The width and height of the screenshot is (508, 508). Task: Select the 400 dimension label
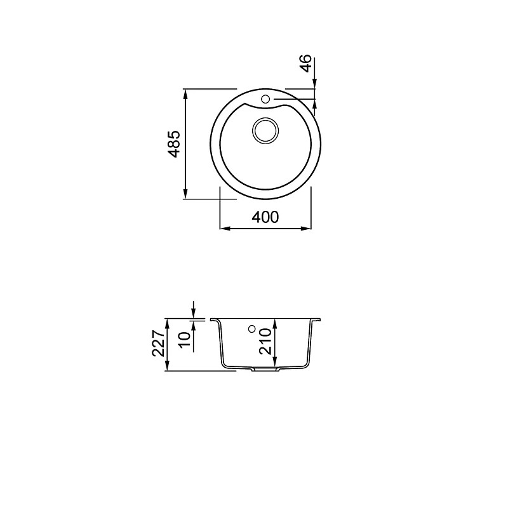[x=265, y=217]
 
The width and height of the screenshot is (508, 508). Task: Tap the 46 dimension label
[x=306, y=63]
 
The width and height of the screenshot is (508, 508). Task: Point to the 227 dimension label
[x=159, y=344]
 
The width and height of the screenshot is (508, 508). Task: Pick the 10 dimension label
[x=185, y=339]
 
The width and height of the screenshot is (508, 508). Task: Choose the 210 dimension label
[x=265, y=341]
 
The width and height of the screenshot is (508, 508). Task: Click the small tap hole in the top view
[x=265, y=99]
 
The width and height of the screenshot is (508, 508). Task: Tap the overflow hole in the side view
[x=251, y=329]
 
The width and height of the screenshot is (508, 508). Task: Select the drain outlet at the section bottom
[x=265, y=369]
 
